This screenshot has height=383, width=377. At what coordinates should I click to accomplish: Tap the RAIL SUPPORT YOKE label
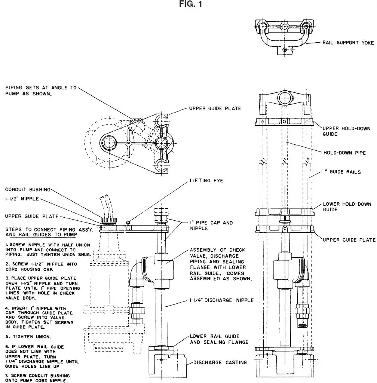tap(348, 43)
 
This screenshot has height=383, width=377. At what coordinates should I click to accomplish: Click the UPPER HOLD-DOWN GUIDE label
tap(346, 131)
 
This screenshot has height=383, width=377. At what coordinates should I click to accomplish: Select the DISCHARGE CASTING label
tap(220, 362)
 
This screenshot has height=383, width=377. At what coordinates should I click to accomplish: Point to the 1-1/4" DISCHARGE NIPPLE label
tap(222, 300)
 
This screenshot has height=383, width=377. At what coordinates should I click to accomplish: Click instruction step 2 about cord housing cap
tap(41, 267)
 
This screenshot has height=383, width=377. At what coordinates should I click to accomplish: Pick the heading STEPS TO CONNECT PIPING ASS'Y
tap(41, 232)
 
